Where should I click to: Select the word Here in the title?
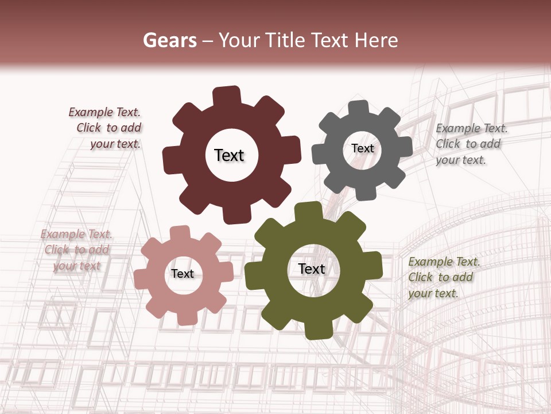(377, 40)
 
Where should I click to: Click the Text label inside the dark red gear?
(229, 155)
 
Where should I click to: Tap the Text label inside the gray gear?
(362, 148)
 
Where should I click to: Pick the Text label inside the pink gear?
(183, 274)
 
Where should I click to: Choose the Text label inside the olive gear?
(312, 269)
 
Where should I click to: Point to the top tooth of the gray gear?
(359, 108)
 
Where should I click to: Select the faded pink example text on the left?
(76, 250)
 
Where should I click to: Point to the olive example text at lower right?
(444, 278)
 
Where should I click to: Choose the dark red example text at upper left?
(106, 128)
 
